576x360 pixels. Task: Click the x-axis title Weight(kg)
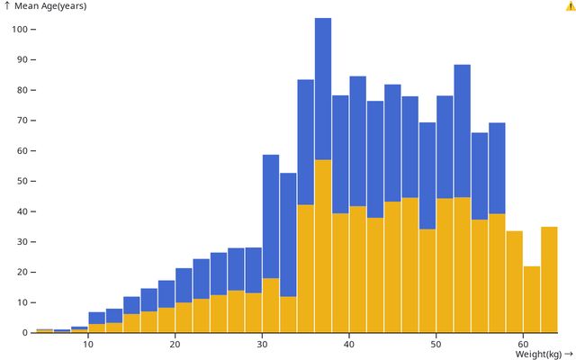pyautogui.click(x=538, y=354)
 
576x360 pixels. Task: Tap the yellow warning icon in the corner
pyautogui.click(x=570, y=6)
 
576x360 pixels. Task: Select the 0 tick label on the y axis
pyautogui.click(x=26, y=333)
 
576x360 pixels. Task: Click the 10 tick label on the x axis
pyautogui.click(x=88, y=345)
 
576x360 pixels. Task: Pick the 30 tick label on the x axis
pyautogui.click(x=262, y=345)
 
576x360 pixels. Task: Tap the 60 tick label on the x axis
pyautogui.click(x=522, y=345)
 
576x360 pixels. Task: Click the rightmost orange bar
pyautogui.click(x=549, y=279)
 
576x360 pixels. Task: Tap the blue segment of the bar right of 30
pyautogui.click(x=271, y=216)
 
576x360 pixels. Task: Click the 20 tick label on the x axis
pyautogui.click(x=175, y=345)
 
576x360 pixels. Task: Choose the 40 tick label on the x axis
pyautogui.click(x=348, y=345)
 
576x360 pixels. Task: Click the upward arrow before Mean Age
pyautogui.click(x=7, y=5)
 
